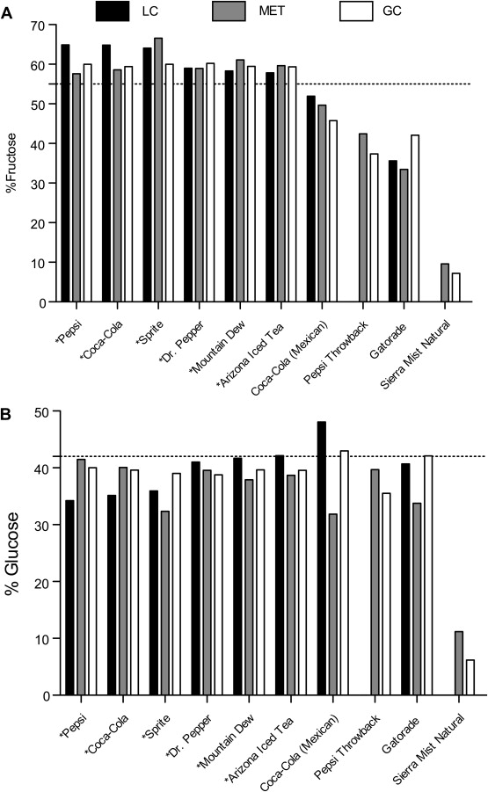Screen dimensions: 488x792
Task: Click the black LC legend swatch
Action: coord(113,11)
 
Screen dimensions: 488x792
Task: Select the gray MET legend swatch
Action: coord(229,11)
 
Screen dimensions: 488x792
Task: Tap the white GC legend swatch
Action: coord(356,11)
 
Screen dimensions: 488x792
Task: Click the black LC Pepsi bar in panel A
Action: coord(65,173)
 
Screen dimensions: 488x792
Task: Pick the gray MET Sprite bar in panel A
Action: coord(158,170)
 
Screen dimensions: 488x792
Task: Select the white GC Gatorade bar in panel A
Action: coord(415,219)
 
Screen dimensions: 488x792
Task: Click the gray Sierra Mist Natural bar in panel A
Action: coord(445,283)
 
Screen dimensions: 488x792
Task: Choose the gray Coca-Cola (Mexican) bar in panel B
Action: coord(332,605)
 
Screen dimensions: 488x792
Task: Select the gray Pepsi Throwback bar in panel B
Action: coord(375,583)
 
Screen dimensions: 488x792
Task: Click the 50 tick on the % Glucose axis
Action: coord(55,411)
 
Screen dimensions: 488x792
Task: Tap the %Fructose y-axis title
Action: coord(11,163)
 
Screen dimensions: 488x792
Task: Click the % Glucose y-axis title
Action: coord(12,553)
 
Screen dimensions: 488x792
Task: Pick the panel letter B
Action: coord(6,415)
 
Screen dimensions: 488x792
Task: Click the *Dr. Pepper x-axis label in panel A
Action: coord(182,341)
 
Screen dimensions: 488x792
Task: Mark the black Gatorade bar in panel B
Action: coord(405,579)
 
